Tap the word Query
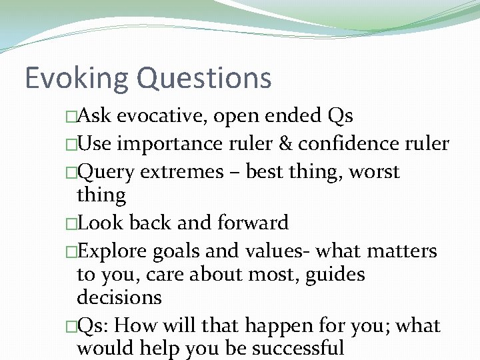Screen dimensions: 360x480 tap(107, 172)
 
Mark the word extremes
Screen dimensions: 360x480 tap(190, 172)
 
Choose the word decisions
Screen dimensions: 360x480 tap(119, 297)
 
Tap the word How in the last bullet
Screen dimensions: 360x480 tap(138, 325)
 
